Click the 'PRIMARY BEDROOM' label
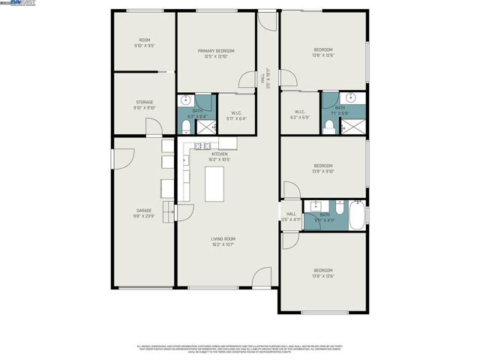click(x=216, y=51)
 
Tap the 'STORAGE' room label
click(x=145, y=102)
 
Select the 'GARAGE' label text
click(x=144, y=211)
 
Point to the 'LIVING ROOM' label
click(x=223, y=238)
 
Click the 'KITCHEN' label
click(x=219, y=154)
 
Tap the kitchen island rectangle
click(x=214, y=183)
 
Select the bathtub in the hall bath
click(x=358, y=215)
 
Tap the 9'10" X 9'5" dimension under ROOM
click(x=145, y=46)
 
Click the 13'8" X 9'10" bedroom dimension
click(x=323, y=171)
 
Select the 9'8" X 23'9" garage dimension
click(x=144, y=216)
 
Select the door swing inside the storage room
click(x=154, y=127)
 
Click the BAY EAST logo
click(x=22, y=4)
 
